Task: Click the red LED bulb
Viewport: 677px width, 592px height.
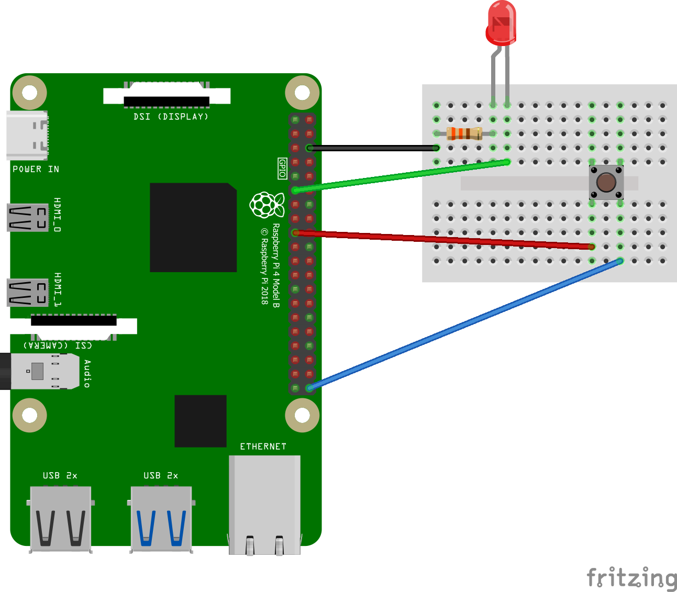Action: [501, 24]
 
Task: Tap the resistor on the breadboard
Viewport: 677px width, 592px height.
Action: [464, 133]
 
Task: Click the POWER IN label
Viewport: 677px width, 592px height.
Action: [36, 169]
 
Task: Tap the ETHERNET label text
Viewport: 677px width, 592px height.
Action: [263, 446]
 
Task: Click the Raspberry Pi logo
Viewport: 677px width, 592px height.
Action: [267, 205]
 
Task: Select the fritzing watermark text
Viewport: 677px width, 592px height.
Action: [631, 578]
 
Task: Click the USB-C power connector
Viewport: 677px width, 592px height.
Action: [27, 135]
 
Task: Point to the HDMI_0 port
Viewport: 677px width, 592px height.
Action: [28, 217]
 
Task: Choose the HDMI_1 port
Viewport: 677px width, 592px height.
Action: [28, 293]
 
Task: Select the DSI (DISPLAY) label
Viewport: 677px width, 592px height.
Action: [171, 117]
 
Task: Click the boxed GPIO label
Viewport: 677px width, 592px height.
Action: [282, 169]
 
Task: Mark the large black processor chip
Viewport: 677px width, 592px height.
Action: [193, 227]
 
